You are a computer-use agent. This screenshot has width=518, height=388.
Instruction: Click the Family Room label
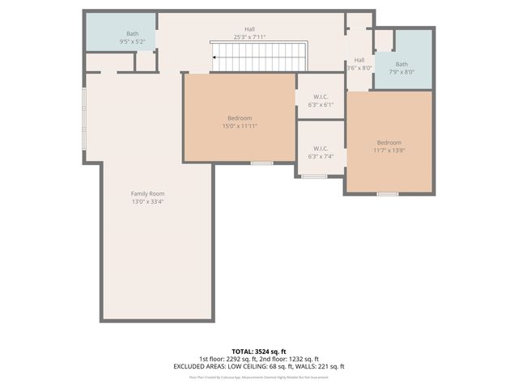click(x=147, y=193)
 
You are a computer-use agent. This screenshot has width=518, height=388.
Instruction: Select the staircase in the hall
click(x=257, y=57)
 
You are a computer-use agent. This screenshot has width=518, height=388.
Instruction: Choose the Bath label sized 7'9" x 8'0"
click(x=401, y=64)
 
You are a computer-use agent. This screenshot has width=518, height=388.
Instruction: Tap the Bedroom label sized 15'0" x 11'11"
click(x=239, y=118)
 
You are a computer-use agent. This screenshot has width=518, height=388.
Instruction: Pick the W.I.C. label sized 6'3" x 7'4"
click(x=321, y=148)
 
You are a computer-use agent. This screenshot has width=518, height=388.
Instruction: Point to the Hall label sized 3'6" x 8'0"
click(x=359, y=60)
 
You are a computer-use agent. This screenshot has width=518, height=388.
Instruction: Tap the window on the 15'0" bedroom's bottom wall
click(x=261, y=163)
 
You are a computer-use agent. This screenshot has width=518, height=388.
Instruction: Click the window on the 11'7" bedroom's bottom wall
click(x=388, y=194)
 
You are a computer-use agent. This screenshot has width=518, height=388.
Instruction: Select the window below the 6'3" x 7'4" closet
click(x=314, y=176)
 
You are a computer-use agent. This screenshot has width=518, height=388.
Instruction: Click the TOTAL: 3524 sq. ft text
click(x=259, y=352)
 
